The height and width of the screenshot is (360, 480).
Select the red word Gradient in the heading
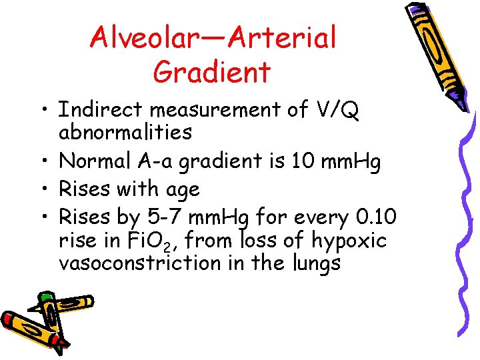(x=212, y=71)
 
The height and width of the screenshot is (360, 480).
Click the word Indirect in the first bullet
(x=99, y=110)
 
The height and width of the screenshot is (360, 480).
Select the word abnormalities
(x=125, y=132)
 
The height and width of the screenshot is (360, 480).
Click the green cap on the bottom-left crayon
(x=46, y=297)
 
